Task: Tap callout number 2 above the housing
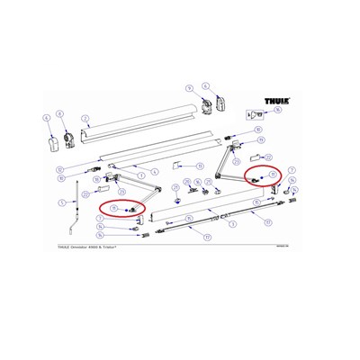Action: coord(84,118)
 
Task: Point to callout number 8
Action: coord(59,113)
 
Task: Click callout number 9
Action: coord(189,87)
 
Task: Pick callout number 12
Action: coord(58,169)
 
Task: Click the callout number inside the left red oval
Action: coord(115,209)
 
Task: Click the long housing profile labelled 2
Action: coord(135,121)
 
